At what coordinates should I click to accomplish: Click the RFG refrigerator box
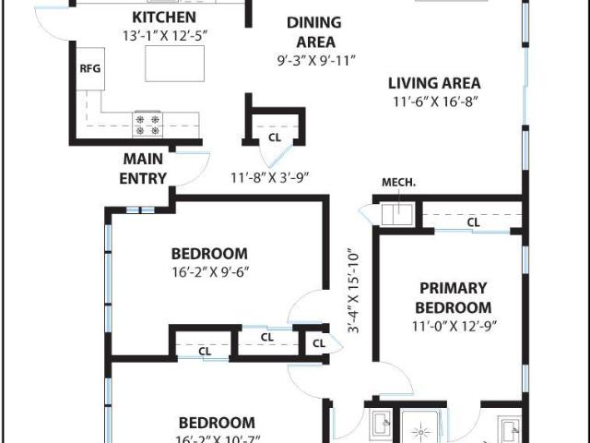pos(90,69)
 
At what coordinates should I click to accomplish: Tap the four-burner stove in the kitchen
pos(147,125)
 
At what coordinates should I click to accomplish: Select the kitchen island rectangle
pos(174,64)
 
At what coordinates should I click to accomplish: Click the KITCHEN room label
pos(164,18)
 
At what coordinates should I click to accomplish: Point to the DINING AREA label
pos(314,32)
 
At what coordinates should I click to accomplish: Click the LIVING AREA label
pos(434,83)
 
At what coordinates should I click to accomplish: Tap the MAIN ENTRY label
pos(143,168)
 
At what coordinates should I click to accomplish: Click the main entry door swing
pos(193,169)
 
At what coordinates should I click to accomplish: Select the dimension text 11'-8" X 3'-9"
pos(270,177)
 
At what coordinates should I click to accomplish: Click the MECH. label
pos(398,183)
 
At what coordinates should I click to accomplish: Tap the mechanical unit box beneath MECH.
pos(397,214)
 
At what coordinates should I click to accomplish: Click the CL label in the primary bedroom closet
pos(473,222)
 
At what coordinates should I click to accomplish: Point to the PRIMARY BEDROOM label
pos(454,298)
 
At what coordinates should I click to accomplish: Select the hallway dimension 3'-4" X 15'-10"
pos(354,291)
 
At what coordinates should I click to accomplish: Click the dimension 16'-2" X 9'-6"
pos(210,272)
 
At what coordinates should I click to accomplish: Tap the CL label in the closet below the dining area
pos(275,138)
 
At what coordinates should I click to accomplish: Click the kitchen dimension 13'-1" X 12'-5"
pos(165,36)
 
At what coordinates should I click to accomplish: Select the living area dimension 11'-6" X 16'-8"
pos(435,102)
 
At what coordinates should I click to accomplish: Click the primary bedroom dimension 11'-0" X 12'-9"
pos(454,326)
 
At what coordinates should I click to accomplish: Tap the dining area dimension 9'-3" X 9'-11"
pos(316,61)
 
